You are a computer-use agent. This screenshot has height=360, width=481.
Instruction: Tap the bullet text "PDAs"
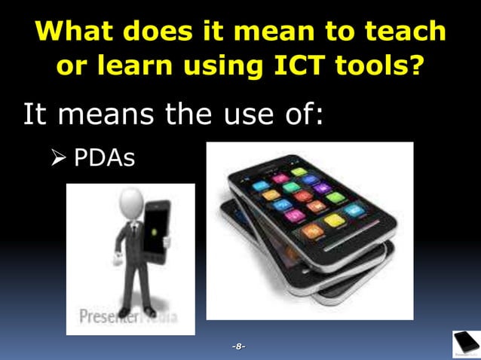104,158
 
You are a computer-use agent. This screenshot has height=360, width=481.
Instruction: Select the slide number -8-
239,346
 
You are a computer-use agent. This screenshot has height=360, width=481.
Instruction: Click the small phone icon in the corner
466,344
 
